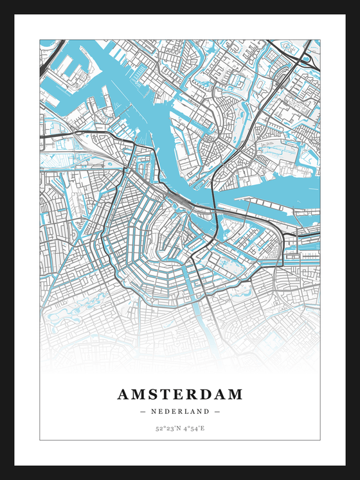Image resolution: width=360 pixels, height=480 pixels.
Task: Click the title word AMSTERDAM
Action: point(180,394)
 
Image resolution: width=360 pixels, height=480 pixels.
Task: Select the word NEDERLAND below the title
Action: point(180,411)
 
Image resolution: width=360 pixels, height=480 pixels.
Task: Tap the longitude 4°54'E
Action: point(194,428)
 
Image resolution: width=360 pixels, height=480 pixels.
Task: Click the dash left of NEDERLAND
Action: point(143,411)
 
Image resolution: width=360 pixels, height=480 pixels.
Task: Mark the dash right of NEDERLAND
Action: point(217,411)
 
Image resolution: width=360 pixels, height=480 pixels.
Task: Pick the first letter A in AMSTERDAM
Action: point(123,394)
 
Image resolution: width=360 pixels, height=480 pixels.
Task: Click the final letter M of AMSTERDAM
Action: point(235,394)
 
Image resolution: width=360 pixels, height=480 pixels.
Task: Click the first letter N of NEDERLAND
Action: point(154,411)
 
